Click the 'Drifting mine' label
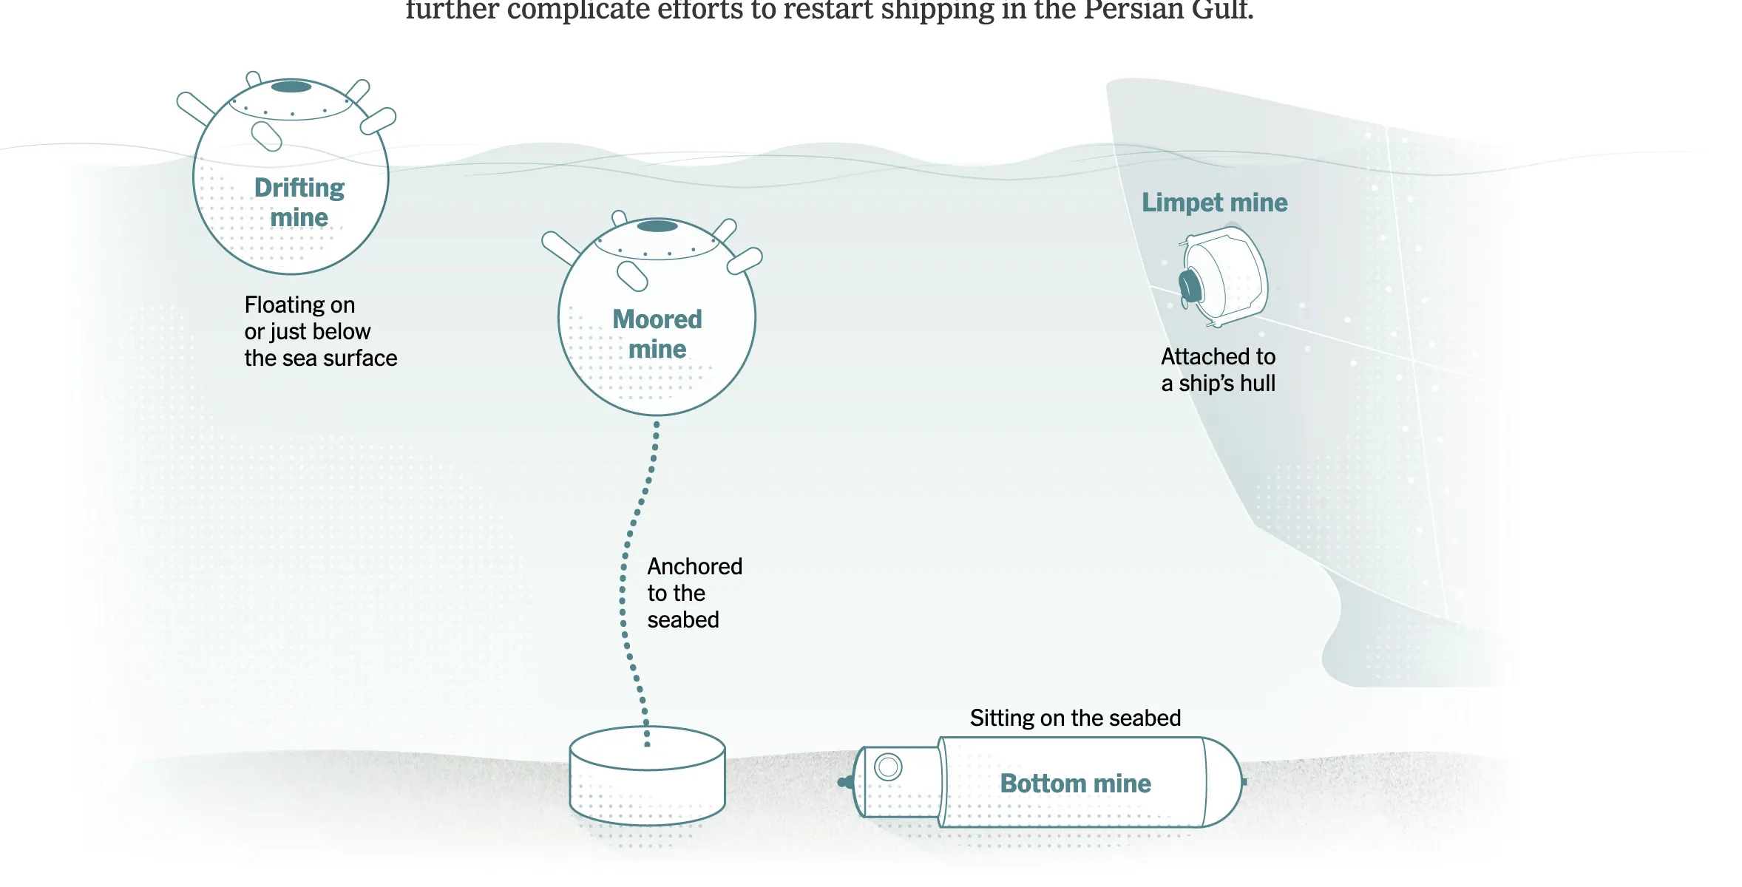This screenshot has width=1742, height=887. [x=299, y=203]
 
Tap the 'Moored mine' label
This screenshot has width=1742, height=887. [x=657, y=334]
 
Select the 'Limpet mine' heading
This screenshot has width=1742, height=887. [x=1214, y=203]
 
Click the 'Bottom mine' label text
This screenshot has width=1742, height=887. [x=1075, y=784]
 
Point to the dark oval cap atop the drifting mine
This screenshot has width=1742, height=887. [x=291, y=86]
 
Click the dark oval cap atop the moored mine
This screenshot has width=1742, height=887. [x=657, y=226]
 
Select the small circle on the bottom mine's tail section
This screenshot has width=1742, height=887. [x=888, y=767]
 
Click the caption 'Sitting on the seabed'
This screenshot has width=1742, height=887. [x=1075, y=718]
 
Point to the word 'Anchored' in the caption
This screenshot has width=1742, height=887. [x=694, y=566]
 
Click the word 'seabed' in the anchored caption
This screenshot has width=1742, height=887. [x=682, y=619]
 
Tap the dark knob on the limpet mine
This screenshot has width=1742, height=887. [x=1190, y=287]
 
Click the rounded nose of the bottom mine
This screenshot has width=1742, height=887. [x=1224, y=782]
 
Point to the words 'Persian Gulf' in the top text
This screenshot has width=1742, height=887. [x=1168, y=10]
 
